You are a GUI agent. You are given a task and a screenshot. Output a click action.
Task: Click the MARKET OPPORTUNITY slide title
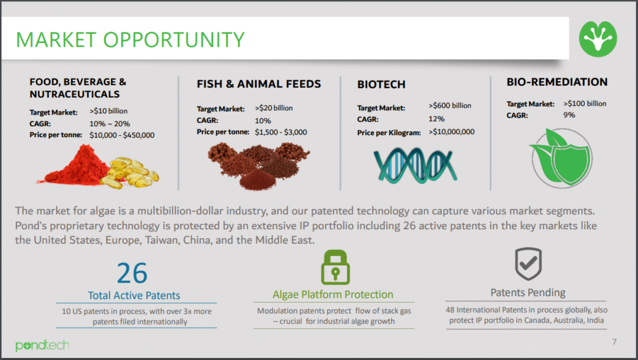click(x=130, y=40)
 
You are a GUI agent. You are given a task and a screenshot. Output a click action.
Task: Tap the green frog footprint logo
click(x=598, y=39)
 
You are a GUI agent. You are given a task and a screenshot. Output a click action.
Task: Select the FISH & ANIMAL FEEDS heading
click(x=259, y=84)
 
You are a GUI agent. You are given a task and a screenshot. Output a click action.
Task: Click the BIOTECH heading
click(x=381, y=84)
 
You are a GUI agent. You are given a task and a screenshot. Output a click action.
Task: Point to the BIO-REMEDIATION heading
click(x=557, y=82)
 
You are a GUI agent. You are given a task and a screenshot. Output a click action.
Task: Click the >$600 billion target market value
click(x=450, y=105)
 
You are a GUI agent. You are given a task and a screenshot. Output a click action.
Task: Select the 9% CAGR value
click(x=569, y=115)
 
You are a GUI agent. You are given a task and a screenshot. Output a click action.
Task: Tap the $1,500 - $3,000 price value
click(x=281, y=132)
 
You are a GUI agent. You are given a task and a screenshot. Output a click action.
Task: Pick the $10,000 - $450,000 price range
click(x=122, y=135)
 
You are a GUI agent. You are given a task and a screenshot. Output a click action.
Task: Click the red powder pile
click(x=77, y=167)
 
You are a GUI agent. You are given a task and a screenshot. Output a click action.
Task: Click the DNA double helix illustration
click(x=416, y=165)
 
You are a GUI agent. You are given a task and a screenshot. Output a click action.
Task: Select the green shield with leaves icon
click(x=561, y=158)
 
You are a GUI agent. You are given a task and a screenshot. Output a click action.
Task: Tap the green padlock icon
click(x=335, y=267)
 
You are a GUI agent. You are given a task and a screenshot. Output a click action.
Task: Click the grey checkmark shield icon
click(x=528, y=263)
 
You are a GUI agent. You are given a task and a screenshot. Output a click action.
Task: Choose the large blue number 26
click(x=132, y=273)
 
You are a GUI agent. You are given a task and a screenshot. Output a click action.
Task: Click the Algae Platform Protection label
click(x=333, y=295)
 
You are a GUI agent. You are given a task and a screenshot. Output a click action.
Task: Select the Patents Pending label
click(x=528, y=293)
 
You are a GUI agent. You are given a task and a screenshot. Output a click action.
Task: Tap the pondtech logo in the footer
click(x=42, y=345)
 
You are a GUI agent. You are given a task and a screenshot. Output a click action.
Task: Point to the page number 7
click(x=614, y=342)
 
